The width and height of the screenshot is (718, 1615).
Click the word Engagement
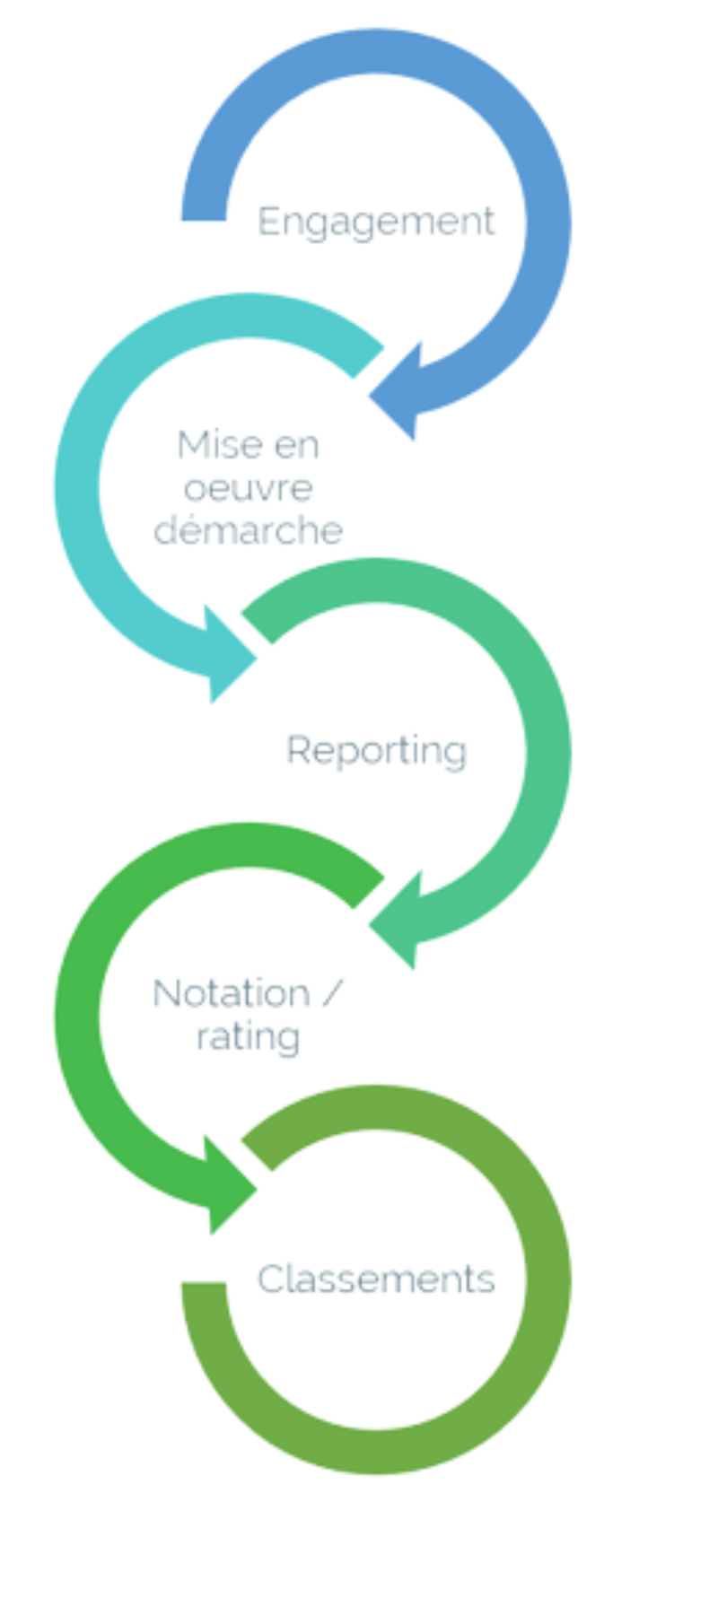(x=375, y=222)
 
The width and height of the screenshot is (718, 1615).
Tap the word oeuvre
(x=248, y=488)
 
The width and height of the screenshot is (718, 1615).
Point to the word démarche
(x=248, y=530)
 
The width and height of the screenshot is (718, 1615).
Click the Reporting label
(x=376, y=751)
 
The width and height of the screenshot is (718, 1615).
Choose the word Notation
(x=231, y=993)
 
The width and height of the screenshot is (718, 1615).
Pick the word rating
(x=248, y=1037)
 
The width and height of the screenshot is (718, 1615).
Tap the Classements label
(x=375, y=1279)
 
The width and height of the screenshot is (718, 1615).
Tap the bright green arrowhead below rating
(x=226, y=1186)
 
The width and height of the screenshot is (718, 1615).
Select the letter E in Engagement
(x=267, y=221)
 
